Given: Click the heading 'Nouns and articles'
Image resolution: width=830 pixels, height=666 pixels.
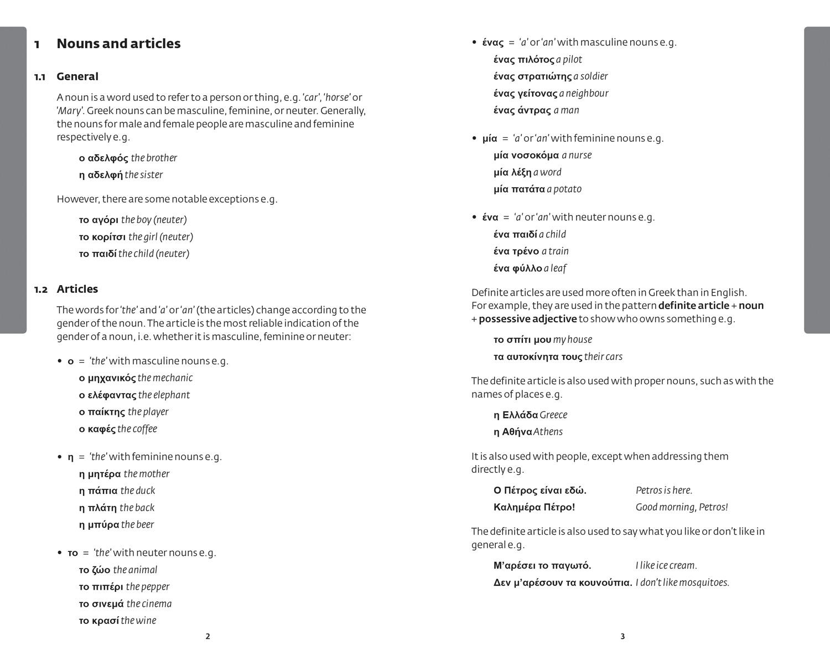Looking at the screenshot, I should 118,44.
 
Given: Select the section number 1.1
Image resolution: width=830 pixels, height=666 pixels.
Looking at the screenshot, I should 40,77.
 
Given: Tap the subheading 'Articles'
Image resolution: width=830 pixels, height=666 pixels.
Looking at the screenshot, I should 77,289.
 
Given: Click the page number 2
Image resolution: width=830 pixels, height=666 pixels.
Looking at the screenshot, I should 208,637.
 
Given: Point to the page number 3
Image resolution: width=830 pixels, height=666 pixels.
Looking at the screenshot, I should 622,637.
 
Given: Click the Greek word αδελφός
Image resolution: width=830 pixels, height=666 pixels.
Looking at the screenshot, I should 108,158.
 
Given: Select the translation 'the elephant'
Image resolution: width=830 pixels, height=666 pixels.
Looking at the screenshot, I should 164,395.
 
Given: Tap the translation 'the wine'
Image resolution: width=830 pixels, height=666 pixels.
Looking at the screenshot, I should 138,621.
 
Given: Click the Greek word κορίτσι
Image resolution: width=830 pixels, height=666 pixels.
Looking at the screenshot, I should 108,237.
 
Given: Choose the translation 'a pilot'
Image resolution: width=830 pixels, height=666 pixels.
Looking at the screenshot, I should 569,60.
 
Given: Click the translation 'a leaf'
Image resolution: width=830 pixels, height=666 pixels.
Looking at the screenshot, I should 555,269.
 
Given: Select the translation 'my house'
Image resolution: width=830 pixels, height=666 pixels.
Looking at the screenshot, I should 572,340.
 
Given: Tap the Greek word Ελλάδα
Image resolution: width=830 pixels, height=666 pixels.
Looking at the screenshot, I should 520,415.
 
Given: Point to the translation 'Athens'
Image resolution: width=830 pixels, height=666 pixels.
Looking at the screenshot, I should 548,432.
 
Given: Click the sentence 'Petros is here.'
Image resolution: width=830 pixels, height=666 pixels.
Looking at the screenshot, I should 664,491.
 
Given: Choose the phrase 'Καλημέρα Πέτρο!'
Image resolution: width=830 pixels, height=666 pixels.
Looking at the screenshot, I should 534,507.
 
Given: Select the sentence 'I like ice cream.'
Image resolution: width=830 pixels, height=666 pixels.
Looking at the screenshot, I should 666,566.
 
